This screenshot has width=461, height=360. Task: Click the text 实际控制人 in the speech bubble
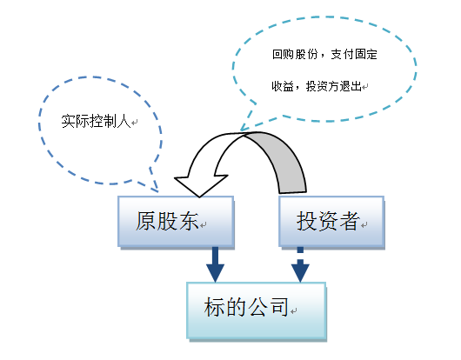point(97,121)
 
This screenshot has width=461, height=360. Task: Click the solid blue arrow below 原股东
point(214,264)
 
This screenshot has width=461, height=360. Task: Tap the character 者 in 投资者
point(349,222)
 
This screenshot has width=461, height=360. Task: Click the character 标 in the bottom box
point(215,308)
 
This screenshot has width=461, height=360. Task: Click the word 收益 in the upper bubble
point(279,87)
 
